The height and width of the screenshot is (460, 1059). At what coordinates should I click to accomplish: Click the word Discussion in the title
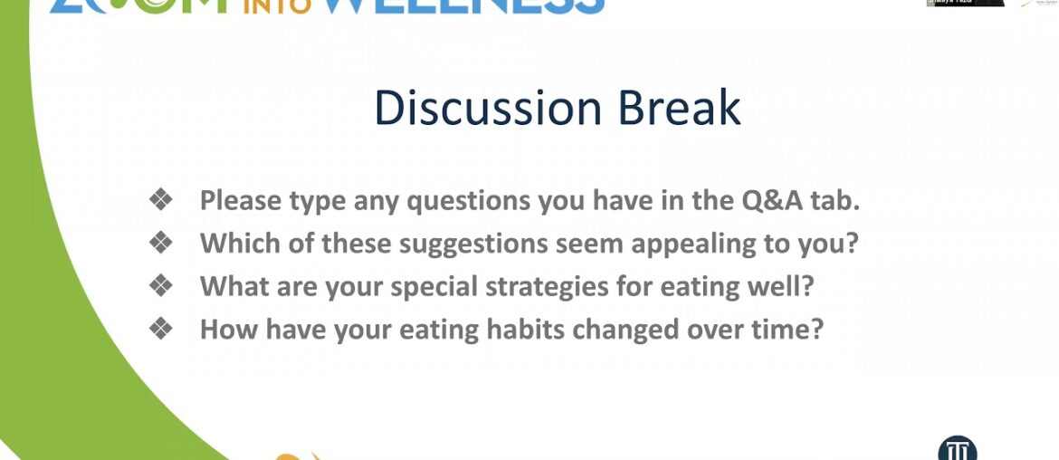pos(488,109)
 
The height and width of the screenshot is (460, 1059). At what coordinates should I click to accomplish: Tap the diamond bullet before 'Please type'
pos(161,200)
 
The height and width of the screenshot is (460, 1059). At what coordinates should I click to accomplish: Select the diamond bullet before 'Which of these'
pos(161,243)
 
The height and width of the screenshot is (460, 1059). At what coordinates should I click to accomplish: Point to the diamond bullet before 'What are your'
pos(161,286)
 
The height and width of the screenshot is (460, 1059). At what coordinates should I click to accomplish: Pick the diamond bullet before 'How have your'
pos(161,329)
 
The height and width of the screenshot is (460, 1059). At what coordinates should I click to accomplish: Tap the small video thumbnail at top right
pos(965,4)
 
